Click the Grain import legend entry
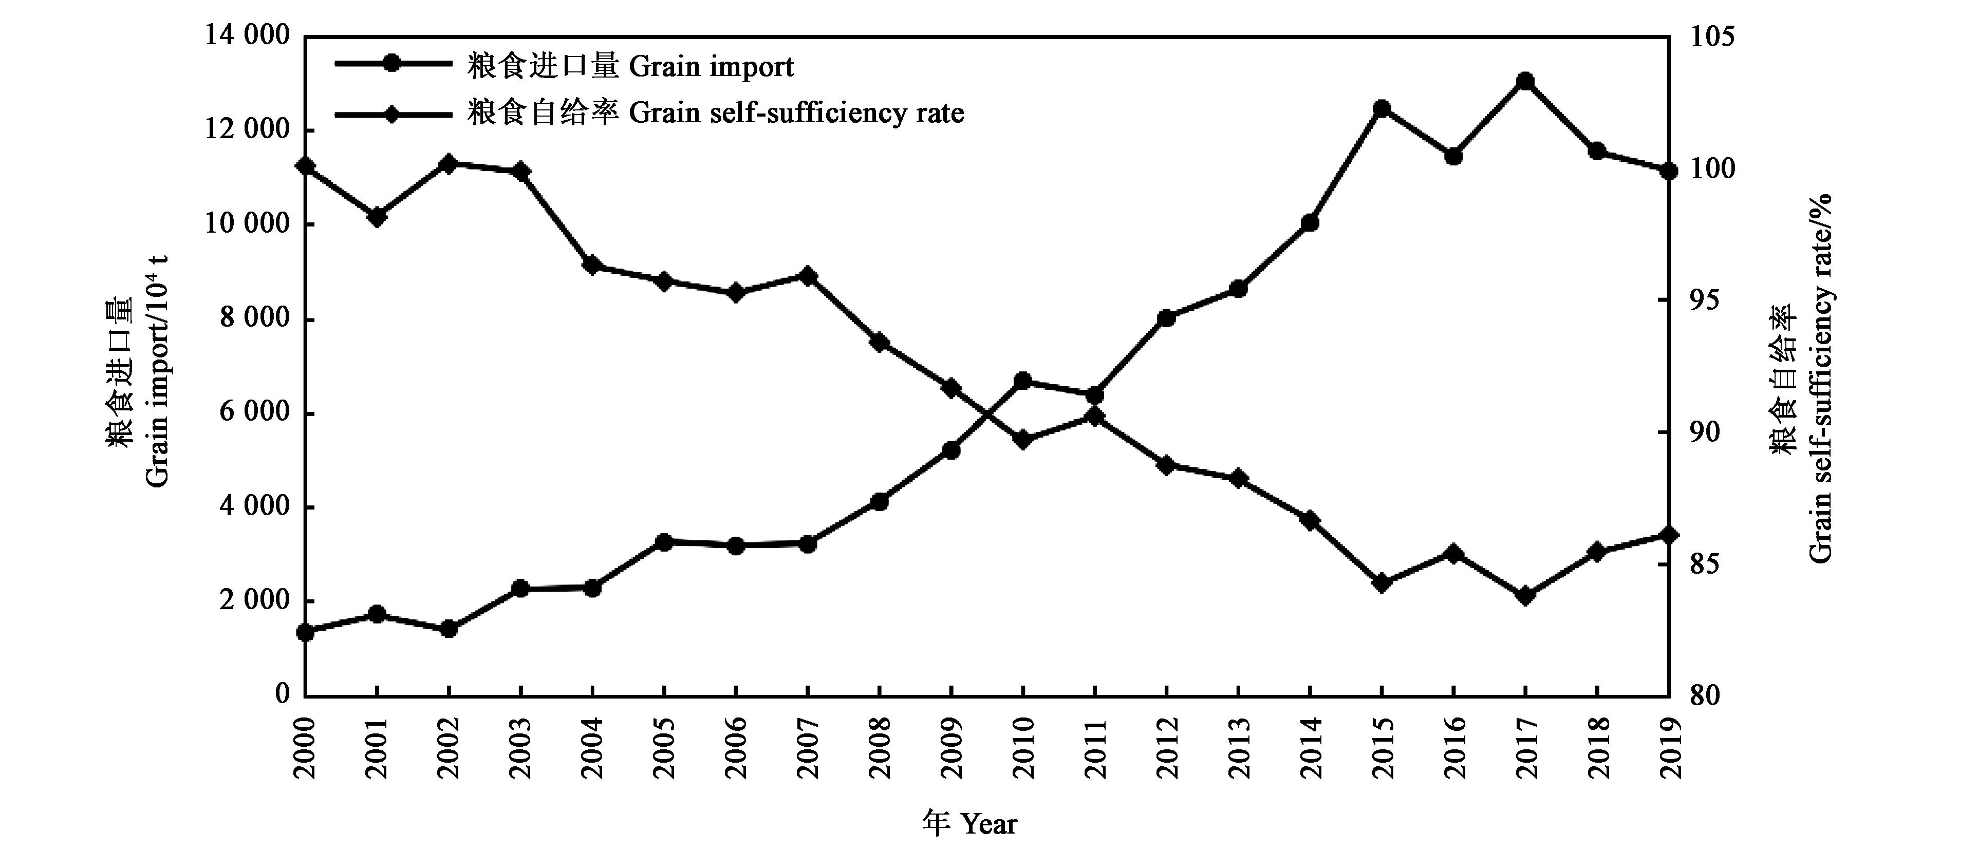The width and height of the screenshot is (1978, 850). tap(630, 67)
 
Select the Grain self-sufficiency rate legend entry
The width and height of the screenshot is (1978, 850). tap(714, 114)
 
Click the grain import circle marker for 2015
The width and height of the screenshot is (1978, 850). tap(1382, 108)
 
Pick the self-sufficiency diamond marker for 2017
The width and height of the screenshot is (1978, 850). tap(1526, 596)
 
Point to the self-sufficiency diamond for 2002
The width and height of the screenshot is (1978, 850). tap(449, 163)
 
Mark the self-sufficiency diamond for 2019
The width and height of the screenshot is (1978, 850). tap(1669, 535)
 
